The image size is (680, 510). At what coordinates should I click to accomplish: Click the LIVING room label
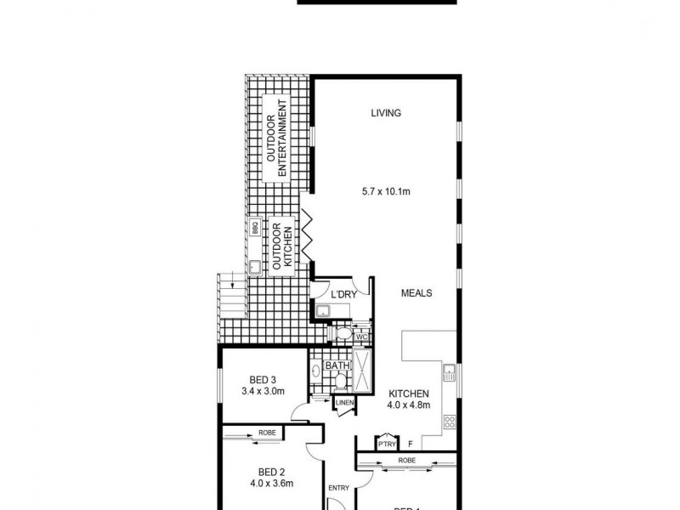[385, 113]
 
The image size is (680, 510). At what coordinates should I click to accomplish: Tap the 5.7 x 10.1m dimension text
[386, 192]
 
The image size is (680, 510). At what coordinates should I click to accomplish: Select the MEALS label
[417, 293]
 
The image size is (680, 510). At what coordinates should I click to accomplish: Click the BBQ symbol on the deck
[254, 227]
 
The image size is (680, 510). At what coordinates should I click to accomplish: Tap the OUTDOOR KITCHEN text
[281, 247]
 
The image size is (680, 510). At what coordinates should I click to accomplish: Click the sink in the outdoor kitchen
[254, 267]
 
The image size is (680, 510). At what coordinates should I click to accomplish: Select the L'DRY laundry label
[344, 293]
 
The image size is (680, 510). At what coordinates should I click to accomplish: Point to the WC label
[360, 337]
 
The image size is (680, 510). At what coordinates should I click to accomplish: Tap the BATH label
[337, 366]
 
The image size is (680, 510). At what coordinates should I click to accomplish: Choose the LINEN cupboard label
[344, 402]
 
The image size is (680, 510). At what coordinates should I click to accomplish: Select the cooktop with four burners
[449, 420]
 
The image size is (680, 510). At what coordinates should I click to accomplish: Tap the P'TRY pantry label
[386, 443]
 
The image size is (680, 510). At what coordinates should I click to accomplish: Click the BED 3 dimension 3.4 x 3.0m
[262, 391]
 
